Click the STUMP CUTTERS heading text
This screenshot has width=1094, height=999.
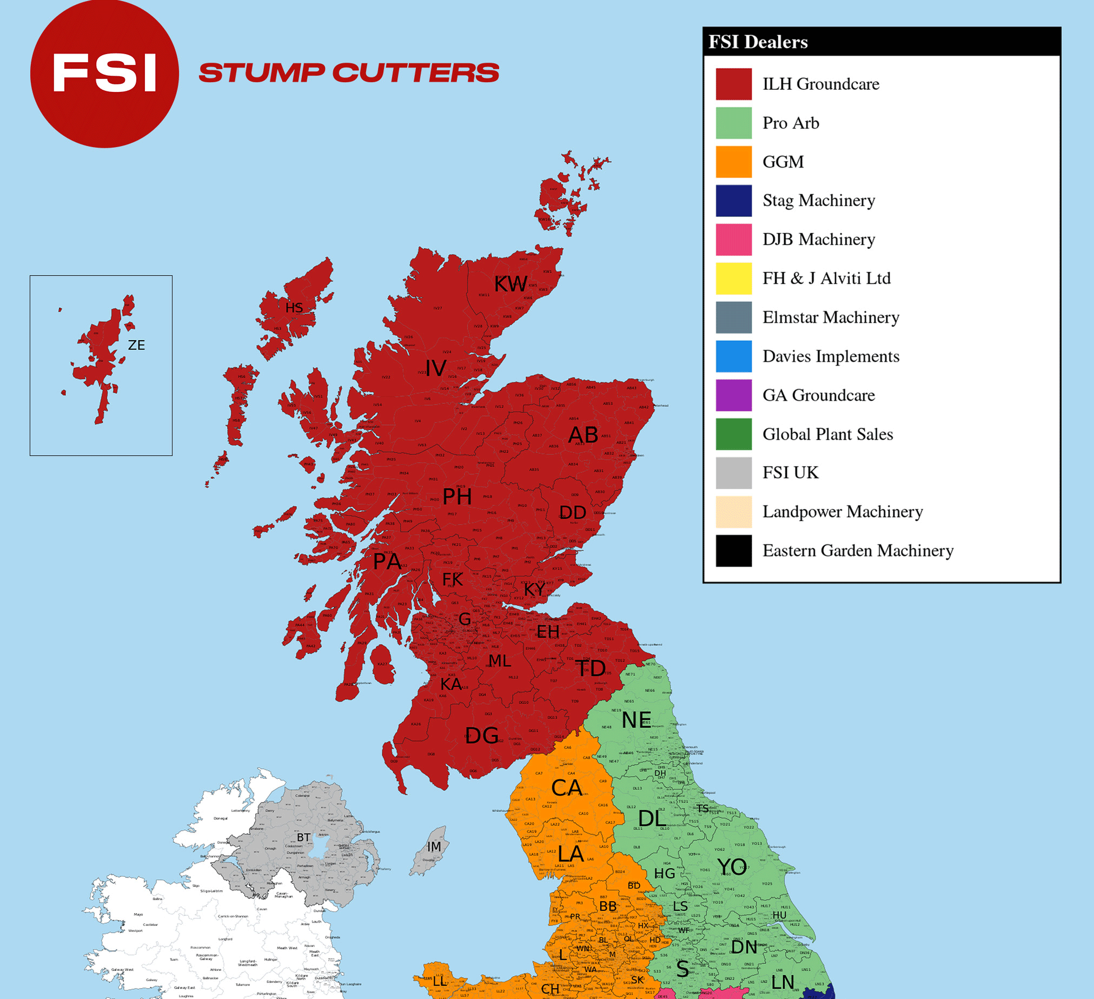click(x=348, y=72)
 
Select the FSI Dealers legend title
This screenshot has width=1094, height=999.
click(x=758, y=42)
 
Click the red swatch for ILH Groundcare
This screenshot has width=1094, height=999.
click(x=733, y=84)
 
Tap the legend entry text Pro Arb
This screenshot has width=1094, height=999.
click(x=791, y=123)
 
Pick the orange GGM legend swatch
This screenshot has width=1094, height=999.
click(x=733, y=162)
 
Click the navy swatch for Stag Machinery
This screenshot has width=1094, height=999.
click(x=733, y=201)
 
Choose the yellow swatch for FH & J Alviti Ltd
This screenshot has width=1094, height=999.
click(x=733, y=279)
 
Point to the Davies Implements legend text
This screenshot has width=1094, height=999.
click(x=831, y=356)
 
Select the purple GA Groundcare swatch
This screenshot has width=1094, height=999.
click(x=733, y=395)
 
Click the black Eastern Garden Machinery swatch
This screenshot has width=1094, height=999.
click(x=733, y=551)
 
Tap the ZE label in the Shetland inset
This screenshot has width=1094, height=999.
click(x=136, y=345)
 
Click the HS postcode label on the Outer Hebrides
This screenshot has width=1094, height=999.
click(x=294, y=308)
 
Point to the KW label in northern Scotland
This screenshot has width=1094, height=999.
click(x=510, y=284)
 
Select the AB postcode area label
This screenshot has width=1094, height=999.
click(x=583, y=435)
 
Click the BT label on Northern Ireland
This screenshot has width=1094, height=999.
click(x=303, y=838)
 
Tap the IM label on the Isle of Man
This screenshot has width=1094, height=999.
click(x=434, y=847)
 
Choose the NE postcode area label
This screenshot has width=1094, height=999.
click(x=636, y=720)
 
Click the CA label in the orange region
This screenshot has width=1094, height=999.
click(x=567, y=788)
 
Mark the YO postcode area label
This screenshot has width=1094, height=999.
click(x=732, y=867)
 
